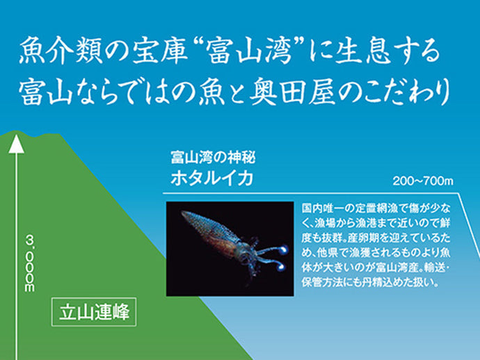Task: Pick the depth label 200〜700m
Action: click(422, 182)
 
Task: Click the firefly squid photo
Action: click(230, 248)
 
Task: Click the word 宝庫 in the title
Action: click(170, 53)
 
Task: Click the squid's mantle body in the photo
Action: click(208, 229)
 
